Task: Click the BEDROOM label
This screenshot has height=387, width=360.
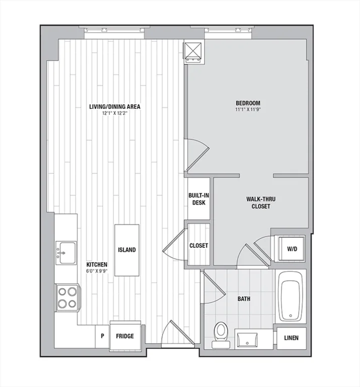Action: (248, 103)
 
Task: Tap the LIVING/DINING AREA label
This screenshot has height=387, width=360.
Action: (115, 107)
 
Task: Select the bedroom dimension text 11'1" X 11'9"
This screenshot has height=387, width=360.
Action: (248, 109)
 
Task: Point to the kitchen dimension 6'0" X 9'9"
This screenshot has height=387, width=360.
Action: (97, 271)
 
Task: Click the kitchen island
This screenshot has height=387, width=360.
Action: (127, 250)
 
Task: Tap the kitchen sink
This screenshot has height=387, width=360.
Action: (66, 253)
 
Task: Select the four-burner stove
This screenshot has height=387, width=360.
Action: (67, 298)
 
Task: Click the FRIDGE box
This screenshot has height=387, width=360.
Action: (125, 336)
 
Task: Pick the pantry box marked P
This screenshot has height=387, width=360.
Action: (102, 336)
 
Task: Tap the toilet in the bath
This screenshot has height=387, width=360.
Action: (221, 335)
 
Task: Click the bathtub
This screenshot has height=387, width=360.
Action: (291, 297)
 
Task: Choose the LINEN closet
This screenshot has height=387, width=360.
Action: (292, 338)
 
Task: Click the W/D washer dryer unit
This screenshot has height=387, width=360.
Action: (292, 249)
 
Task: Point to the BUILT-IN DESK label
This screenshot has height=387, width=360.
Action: (198, 199)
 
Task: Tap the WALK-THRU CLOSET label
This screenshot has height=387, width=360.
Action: (261, 203)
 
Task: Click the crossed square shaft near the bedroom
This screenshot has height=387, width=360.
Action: (193, 50)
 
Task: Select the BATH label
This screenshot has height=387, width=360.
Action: (244, 299)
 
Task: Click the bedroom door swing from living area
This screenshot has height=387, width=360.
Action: (197, 155)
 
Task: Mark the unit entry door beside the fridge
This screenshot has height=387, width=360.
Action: (178, 333)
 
